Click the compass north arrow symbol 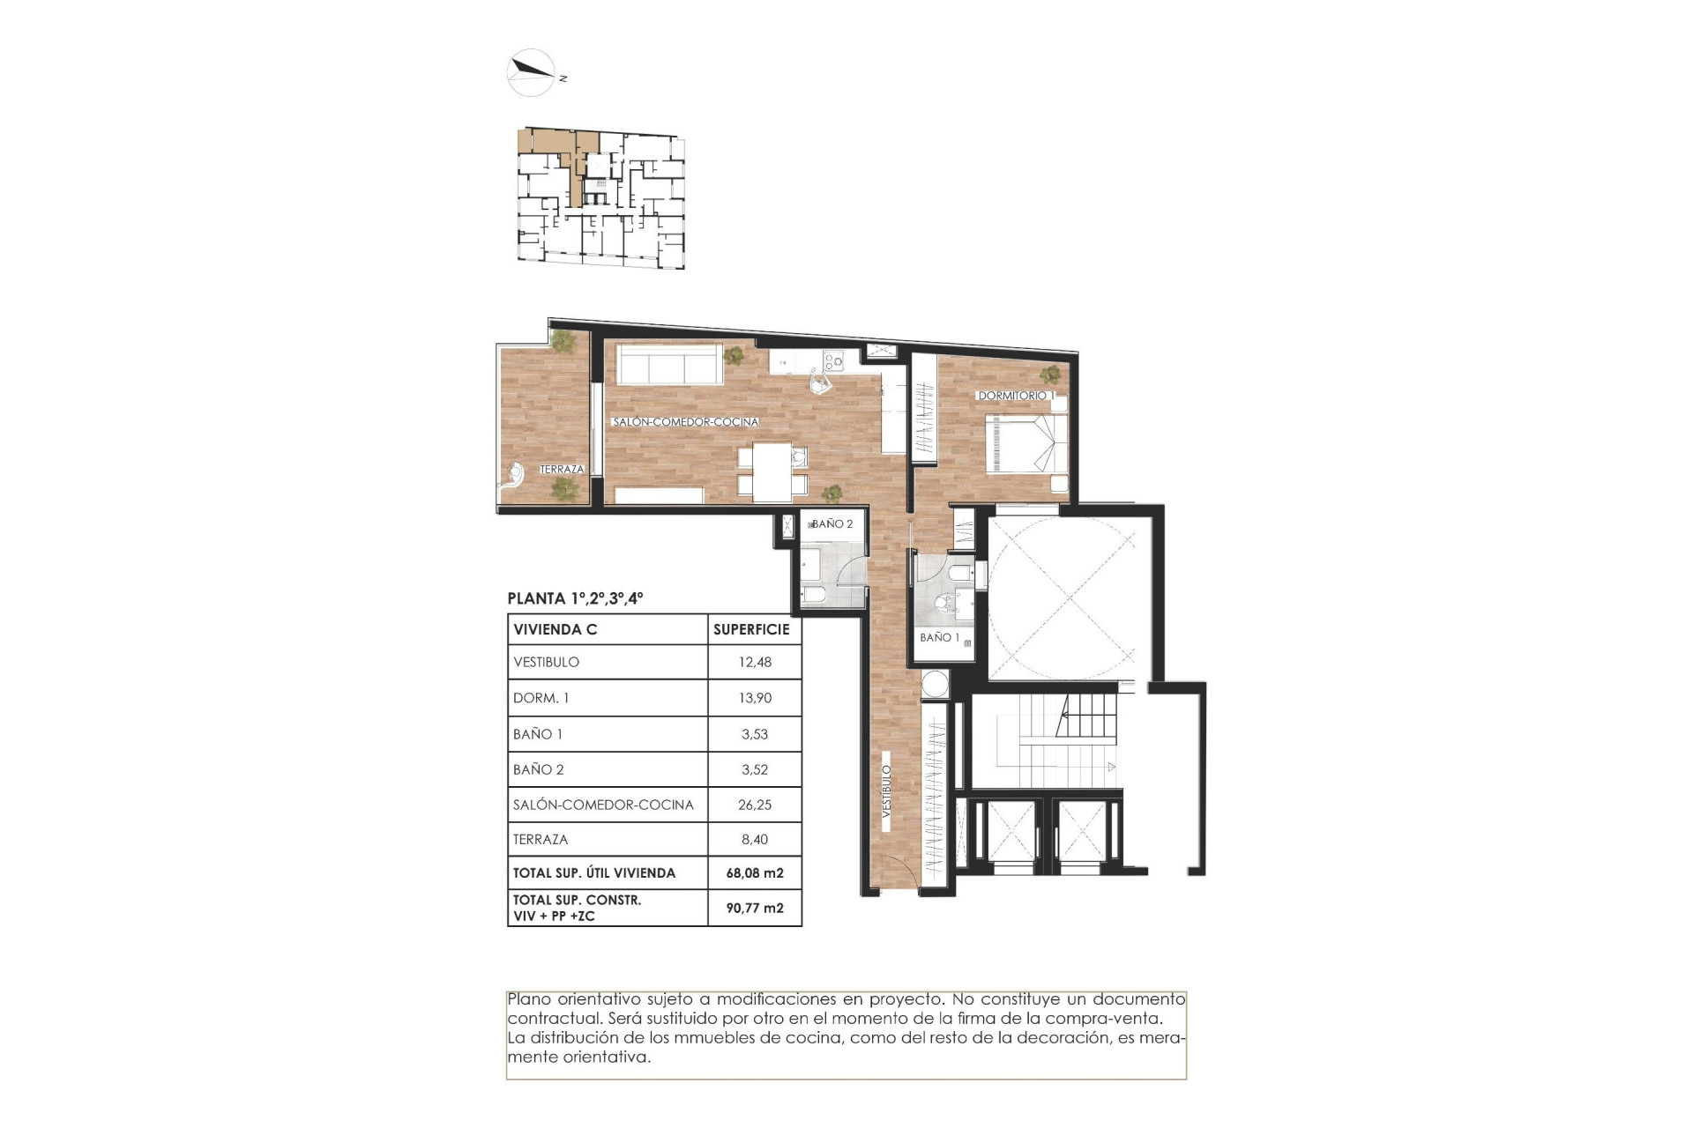pyautogui.click(x=531, y=70)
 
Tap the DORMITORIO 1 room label pyautogui.click(x=1013, y=396)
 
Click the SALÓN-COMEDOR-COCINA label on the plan pyautogui.click(x=685, y=422)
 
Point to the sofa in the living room pyautogui.click(x=668, y=364)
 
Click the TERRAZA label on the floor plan pyautogui.click(x=562, y=470)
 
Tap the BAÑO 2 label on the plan pyautogui.click(x=832, y=523)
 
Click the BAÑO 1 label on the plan pyautogui.click(x=939, y=637)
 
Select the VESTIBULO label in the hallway pyautogui.click(x=887, y=791)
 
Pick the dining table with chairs pyautogui.click(x=772, y=472)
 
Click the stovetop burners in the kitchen pyautogui.click(x=832, y=360)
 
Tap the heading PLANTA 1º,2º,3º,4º pyautogui.click(x=575, y=598)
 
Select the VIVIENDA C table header pyautogui.click(x=556, y=629)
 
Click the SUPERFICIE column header pyautogui.click(x=751, y=629)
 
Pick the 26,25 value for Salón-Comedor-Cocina pyautogui.click(x=755, y=805)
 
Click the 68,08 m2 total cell pyautogui.click(x=755, y=873)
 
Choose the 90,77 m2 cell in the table pyautogui.click(x=755, y=908)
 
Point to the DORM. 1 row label pyautogui.click(x=541, y=698)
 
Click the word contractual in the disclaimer pyautogui.click(x=547, y=1019)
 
